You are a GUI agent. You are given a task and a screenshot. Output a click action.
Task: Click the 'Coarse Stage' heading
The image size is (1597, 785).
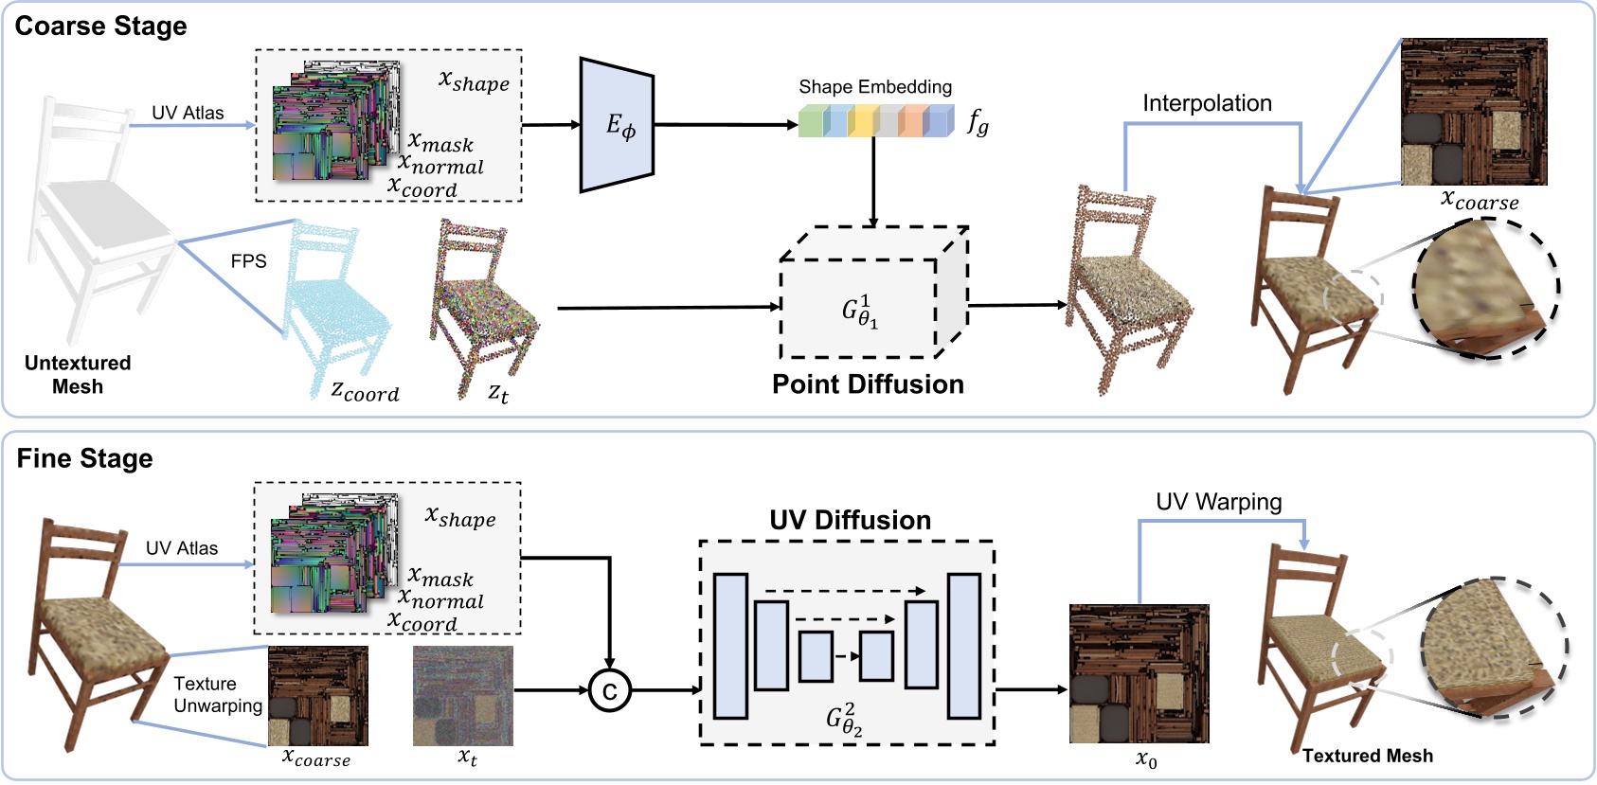click(x=100, y=26)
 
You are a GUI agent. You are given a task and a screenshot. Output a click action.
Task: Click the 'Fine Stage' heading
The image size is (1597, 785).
click(x=84, y=458)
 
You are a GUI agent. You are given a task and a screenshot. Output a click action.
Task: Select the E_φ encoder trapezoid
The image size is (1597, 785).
click(x=618, y=125)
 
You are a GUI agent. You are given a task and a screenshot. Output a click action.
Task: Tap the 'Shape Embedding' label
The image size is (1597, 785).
click(x=874, y=87)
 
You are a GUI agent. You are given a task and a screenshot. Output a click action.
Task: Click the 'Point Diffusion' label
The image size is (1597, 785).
click(x=868, y=384)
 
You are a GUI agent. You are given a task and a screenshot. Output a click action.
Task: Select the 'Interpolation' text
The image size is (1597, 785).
click(x=1207, y=103)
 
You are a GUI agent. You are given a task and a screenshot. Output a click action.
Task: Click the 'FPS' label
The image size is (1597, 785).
click(x=248, y=261)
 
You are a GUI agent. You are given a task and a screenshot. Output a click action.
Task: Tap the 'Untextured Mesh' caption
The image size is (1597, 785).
click(x=78, y=375)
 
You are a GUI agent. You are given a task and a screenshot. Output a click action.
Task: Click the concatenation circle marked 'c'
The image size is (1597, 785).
click(x=609, y=690)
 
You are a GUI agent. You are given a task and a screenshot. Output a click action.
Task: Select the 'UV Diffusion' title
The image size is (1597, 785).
click(x=850, y=520)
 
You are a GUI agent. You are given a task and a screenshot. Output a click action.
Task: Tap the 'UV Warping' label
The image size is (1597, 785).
click(x=1218, y=502)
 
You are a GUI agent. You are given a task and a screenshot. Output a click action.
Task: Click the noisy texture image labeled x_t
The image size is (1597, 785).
click(x=463, y=696)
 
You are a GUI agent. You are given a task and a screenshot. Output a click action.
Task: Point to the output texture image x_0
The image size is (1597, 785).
click(x=1139, y=674)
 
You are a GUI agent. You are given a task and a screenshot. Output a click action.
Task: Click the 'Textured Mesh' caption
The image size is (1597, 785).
click(x=1367, y=756)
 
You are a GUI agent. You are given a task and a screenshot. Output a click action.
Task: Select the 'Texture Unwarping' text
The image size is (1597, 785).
click(x=218, y=695)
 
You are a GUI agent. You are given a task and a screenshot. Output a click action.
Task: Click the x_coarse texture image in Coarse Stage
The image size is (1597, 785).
click(x=1474, y=112)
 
